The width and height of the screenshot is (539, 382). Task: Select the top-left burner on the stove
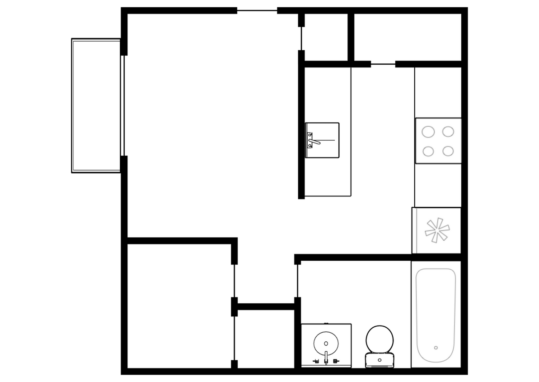pos(428,132)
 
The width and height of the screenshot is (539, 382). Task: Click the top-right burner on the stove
pos(448,132)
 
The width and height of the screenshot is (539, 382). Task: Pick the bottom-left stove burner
pos(428,151)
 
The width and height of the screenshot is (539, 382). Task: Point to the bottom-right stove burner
pos(448,151)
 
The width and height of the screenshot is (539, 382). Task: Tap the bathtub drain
pos(436,348)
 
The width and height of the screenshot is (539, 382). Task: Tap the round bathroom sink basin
pos(326,343)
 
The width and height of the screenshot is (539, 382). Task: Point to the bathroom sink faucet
pos(326,358)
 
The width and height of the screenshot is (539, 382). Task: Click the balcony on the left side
pos(96,105)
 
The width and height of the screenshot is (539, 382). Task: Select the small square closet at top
pos(326,37)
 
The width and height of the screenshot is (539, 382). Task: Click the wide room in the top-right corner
pos(407,37)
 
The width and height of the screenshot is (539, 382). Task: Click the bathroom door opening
pos(297,281)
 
